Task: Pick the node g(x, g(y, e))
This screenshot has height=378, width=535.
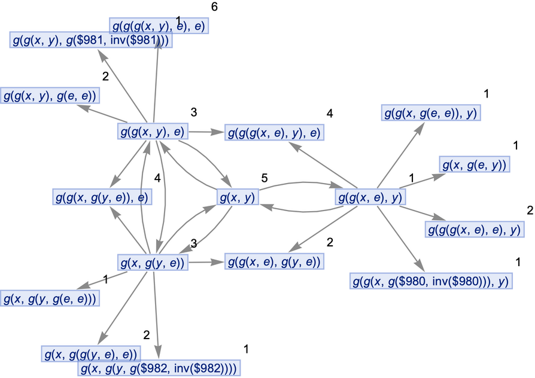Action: coord(151,262)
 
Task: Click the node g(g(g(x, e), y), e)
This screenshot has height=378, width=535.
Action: coord(275,132)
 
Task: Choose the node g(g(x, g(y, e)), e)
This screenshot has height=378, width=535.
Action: coord(101,196)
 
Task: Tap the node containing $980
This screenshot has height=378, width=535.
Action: coord(431,281)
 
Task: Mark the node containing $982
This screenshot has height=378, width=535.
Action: coord(159,368)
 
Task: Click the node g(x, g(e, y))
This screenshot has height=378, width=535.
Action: coord(475,164)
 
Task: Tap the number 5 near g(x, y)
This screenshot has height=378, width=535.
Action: coord(264,178)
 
